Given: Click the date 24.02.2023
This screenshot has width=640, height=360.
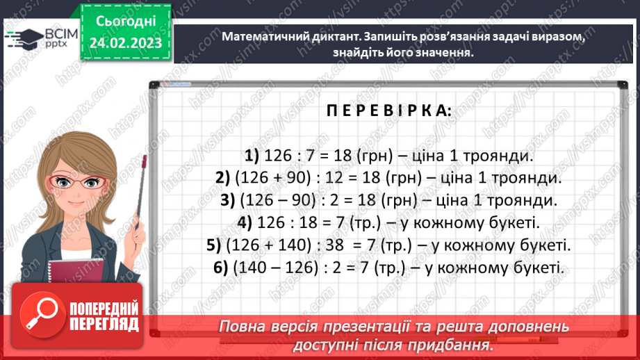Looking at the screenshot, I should (x=125, y=44).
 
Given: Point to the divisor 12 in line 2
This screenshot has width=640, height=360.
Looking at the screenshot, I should (x=336, y=178).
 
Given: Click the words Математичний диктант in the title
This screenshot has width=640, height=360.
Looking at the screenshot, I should (x=288, y=38).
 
